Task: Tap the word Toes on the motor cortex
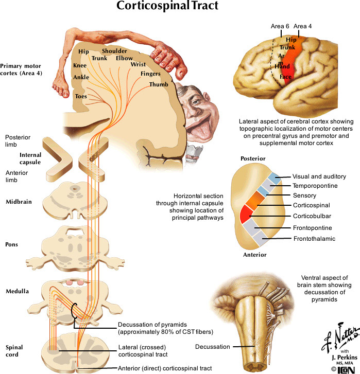tap(81, 96)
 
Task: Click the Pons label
tap(11, 244)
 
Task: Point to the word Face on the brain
tap(285, 77)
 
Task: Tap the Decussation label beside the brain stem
tap(212, 347)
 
